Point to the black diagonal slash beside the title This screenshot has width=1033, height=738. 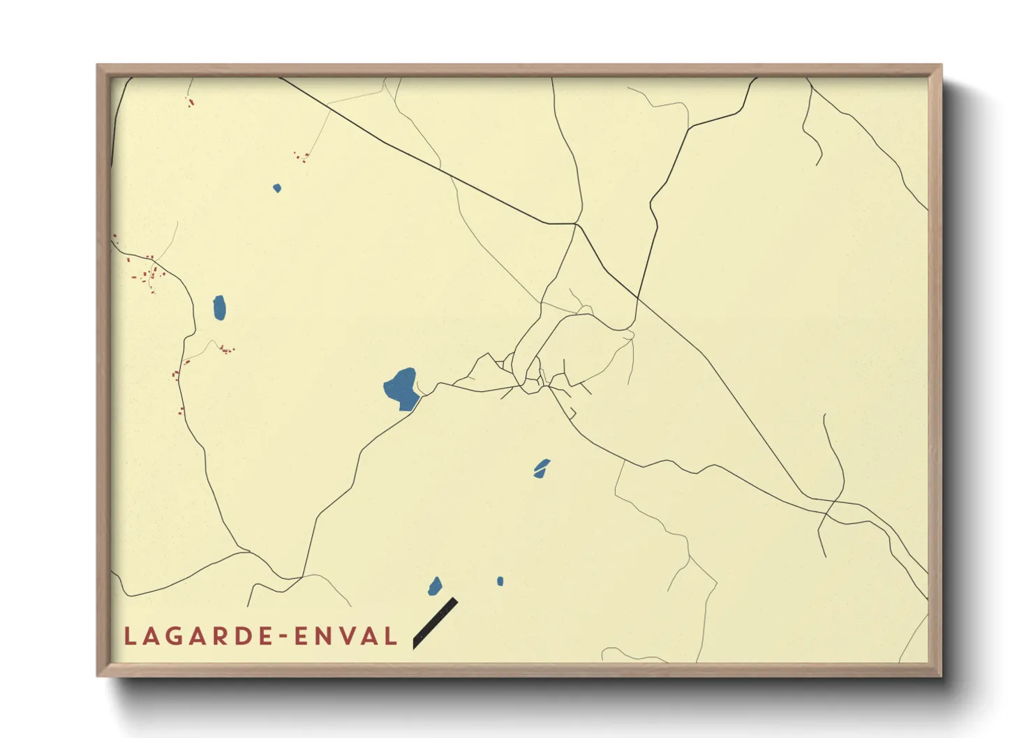tap(435, 623)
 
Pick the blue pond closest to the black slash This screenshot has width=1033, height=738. tap(435, 586)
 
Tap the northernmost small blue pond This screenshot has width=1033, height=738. tap(277, 188)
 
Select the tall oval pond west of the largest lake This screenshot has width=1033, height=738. tap(219, 307)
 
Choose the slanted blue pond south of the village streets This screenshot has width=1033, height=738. tap(541, 468)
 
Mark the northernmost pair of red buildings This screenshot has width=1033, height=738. tap(190, 103)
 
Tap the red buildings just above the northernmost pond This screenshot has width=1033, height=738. tap(302, 157)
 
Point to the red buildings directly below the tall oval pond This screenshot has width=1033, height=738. tap(226, 349)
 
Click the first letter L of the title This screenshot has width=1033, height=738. tap(130, 636)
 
